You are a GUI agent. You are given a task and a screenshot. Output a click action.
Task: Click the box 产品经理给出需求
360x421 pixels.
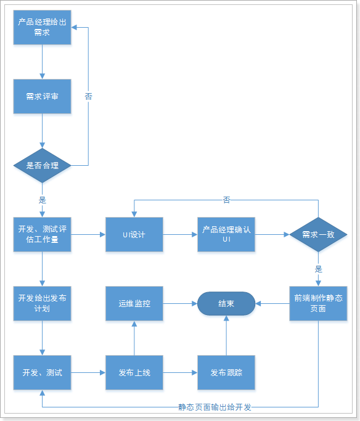point(42,28)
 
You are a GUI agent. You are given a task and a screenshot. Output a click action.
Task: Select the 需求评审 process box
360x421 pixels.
point(42,96)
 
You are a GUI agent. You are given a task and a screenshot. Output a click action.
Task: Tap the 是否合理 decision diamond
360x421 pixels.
point(42,165)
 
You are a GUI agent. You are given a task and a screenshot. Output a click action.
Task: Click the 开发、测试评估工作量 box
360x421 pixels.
point(42,234)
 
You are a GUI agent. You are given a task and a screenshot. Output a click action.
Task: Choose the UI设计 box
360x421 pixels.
point(134,234)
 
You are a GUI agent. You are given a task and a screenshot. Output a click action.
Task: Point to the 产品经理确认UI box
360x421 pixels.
point(226,234)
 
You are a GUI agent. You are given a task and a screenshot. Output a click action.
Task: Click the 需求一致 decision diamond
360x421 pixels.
point(318,234)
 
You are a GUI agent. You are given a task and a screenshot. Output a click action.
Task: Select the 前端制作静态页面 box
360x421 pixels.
point(318,303)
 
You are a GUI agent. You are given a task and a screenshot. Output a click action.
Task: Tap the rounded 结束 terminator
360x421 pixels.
point(226,303)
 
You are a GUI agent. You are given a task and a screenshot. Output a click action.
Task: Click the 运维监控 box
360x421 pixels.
point(134,303)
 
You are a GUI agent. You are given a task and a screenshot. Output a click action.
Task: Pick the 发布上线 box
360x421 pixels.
point(134,372)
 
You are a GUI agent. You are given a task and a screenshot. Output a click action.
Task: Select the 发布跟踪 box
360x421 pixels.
point(226,372)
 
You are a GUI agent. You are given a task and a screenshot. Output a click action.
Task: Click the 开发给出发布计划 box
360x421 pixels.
point(42,303)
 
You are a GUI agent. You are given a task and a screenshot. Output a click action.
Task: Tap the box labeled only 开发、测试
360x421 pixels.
point(42,372)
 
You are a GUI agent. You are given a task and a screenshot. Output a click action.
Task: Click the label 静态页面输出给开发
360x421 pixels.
point(215,407)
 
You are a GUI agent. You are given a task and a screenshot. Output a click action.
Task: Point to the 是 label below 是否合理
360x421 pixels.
point(42,200)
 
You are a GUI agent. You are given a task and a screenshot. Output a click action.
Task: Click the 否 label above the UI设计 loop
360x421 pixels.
point(226,200)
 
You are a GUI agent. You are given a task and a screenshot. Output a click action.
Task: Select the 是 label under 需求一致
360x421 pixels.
point(318,269)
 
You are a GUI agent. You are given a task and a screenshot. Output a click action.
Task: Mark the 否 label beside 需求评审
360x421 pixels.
point(88,96)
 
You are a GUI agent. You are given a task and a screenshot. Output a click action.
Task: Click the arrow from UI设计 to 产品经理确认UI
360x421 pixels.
point(180,234)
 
